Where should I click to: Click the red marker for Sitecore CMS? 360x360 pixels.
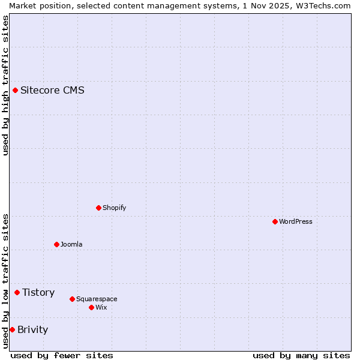point(15,91)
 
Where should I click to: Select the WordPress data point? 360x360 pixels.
point(275,221)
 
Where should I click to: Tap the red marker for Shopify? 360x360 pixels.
point(98,208)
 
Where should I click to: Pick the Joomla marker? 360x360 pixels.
point(56,244)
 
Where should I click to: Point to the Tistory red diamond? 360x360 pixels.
point(17,292)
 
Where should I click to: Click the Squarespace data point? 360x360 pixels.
point(72,299)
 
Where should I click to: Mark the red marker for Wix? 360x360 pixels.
point(91,307)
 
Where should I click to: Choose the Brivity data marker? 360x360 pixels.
point(12,329)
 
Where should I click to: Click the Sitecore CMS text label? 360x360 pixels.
point(52,91)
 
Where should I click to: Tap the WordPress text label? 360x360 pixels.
point(296,221)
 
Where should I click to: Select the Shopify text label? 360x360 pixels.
point(114,208)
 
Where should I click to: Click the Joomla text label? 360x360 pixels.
point(71,244)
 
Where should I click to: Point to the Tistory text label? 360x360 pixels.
point(38,292)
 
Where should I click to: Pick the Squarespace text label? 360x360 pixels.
point(97,299)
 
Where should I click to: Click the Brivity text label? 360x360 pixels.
point(32,329)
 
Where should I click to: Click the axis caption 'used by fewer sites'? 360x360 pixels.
point(62,355)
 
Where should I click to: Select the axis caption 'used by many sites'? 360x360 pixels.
point(301,355)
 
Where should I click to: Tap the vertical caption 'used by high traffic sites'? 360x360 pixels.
point(5,85)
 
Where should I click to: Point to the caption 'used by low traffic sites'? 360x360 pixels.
point(5,281)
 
